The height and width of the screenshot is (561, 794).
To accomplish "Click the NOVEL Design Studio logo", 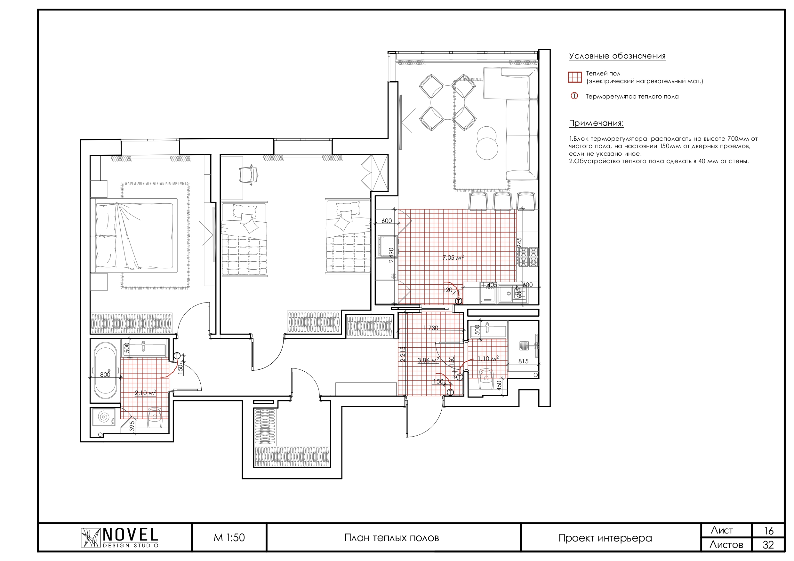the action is [120, 538].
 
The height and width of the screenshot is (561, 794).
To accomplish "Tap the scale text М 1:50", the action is [229, 538].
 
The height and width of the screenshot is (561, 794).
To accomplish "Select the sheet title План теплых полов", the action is [392, 538].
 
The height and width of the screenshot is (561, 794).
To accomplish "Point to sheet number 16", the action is [768, 531].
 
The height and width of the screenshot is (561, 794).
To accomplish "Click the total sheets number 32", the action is [768, 545].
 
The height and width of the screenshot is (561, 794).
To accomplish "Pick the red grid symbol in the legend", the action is [575, 77].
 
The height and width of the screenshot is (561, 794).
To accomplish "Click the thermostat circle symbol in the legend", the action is [574, 96].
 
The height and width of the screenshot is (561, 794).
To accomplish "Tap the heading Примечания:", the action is [596, 123].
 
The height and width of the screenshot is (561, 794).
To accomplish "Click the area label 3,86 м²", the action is [428, 360].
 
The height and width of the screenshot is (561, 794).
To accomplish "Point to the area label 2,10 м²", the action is [145, 393].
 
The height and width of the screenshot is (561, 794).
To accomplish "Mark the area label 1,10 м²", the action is [488, 359].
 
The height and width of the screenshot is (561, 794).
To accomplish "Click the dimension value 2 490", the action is [391, 256].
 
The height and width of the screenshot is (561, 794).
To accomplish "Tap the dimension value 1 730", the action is [430, 328].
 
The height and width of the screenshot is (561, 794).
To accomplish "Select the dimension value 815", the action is [523, 361].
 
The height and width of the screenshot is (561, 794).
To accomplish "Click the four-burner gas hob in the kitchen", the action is [528, 257].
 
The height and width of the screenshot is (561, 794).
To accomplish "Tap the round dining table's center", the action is [448, 102].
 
